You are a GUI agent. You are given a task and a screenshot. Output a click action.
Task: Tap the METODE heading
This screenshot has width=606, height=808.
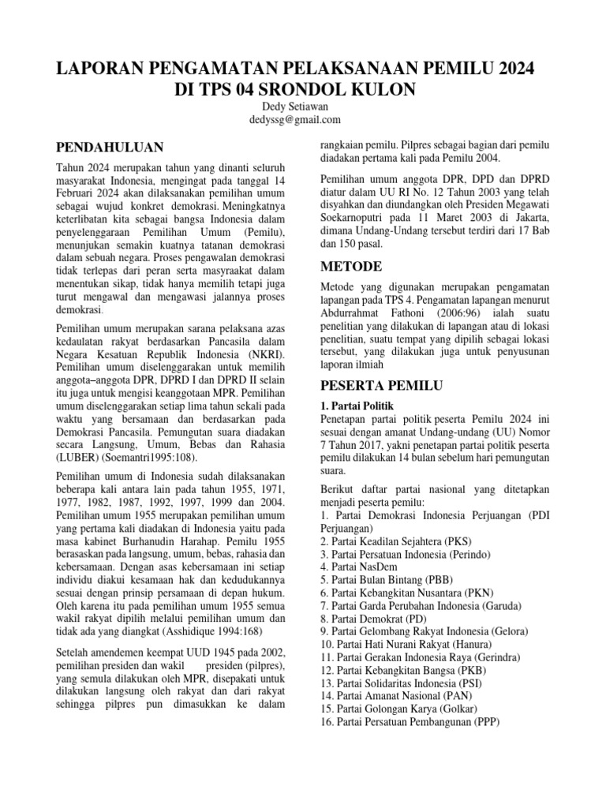tap(352, 265)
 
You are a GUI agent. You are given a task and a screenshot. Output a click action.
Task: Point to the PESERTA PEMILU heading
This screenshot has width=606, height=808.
tap(381, 386)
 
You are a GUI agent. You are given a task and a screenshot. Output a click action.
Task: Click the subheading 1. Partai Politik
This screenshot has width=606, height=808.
tap(362, 405)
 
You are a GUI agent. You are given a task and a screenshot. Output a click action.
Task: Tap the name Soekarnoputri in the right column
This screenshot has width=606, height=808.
tap(356, 217)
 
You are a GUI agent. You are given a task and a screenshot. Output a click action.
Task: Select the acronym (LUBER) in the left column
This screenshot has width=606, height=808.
tap(80, 457)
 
